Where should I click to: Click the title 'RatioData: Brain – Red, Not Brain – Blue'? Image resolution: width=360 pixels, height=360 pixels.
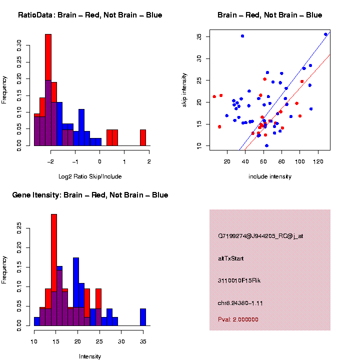point(90,15)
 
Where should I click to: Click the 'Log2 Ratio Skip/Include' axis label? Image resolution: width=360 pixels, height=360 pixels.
point(89,176)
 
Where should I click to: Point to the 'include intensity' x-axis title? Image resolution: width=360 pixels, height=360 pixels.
point(269,176)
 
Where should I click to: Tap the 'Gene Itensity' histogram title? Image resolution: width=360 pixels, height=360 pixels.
point(90,194)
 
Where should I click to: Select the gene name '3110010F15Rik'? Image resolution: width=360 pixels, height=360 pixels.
point(239,280)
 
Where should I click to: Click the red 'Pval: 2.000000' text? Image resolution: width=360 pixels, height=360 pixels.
point(238,319)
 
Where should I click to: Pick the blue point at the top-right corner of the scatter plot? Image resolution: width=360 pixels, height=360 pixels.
point(325,34)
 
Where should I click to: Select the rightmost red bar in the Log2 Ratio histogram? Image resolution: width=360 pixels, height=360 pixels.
point(143,137)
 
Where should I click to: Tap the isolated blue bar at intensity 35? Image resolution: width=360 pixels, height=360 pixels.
point(143,317)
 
